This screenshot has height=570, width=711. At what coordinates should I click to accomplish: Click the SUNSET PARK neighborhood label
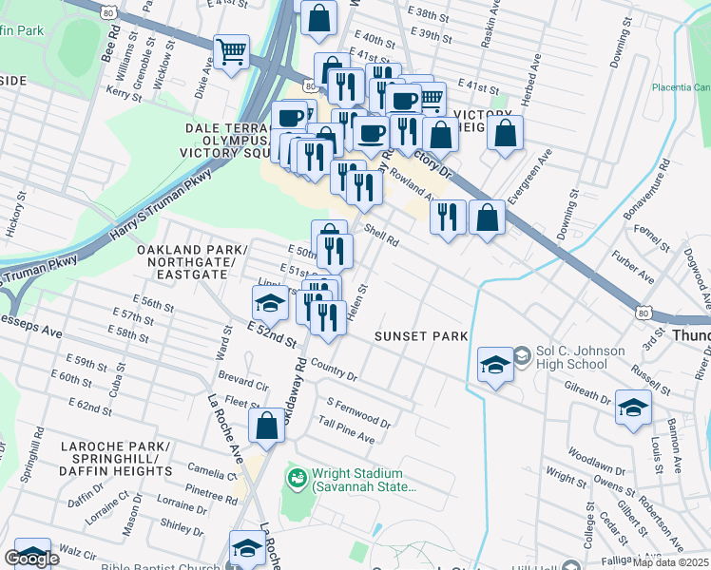(x=420, y=336)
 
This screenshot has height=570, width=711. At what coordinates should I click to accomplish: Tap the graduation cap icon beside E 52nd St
(x=270, y=303)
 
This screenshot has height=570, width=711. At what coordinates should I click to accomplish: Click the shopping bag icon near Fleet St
(x=267, y=426)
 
